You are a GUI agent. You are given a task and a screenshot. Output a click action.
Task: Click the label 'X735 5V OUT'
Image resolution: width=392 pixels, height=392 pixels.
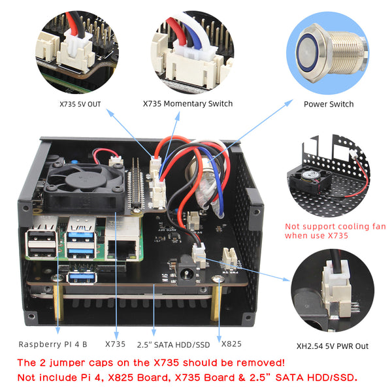click(x=80, y=104)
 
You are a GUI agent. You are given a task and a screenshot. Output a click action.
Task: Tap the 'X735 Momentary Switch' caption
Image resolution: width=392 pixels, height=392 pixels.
click(x=188, y=103)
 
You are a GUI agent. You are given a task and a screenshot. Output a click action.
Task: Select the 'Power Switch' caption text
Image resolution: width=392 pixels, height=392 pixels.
click(x=329, y=104)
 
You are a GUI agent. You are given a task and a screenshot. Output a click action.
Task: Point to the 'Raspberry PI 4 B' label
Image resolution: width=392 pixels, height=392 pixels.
click(x=53, y=344)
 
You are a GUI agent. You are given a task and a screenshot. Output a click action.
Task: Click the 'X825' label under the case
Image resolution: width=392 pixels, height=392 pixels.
click(x=231, y=344)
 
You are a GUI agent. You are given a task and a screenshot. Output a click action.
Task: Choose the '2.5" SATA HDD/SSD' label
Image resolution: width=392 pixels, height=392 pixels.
click(x=173, y=345)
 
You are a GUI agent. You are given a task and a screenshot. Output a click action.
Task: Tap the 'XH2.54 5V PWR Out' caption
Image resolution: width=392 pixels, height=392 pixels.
click(x=333, y=346)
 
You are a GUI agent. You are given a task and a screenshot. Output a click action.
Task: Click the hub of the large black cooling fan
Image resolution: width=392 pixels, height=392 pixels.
click(x=83, y=179)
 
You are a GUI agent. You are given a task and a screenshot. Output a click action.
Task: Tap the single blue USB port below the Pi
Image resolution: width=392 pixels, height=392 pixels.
click(x=82, y=278)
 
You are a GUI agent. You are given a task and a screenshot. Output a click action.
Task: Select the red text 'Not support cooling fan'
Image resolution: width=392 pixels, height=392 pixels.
click(x=335, y=227)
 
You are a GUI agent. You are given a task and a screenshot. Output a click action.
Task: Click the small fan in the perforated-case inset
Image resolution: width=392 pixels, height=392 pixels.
click(x=310, y=179)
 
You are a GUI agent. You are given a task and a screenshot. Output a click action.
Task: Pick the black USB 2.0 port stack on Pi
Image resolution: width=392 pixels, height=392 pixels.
click(x=41, y=244)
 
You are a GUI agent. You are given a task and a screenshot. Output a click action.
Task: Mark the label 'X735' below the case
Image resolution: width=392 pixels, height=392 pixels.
click(x=115, y=344)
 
